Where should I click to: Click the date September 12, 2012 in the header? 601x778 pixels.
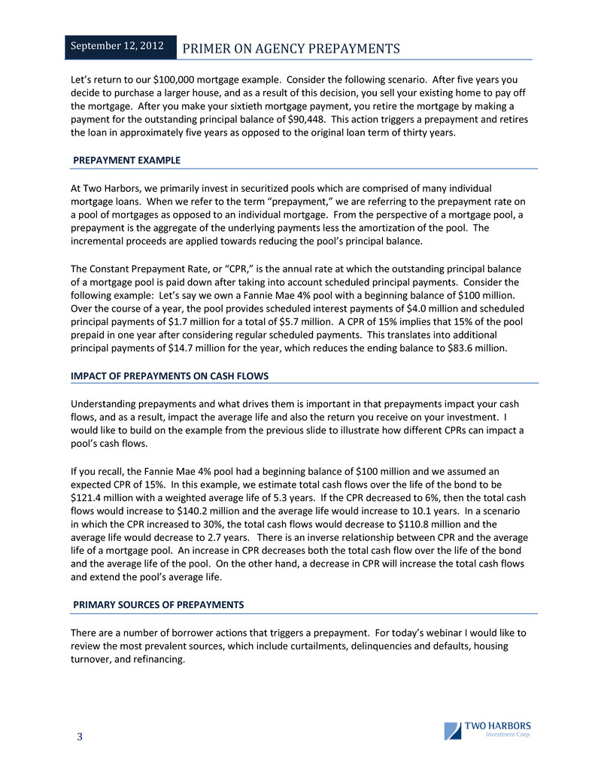pyautogui.click(x=120, y=46)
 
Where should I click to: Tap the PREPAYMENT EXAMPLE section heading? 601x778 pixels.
pyautogui.click(x=126, y=160)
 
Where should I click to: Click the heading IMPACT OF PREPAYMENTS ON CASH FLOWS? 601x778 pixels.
pyautogui.click(x=169, y=375)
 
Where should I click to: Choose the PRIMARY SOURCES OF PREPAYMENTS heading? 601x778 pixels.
pyautogui.click(x=158, y=605)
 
